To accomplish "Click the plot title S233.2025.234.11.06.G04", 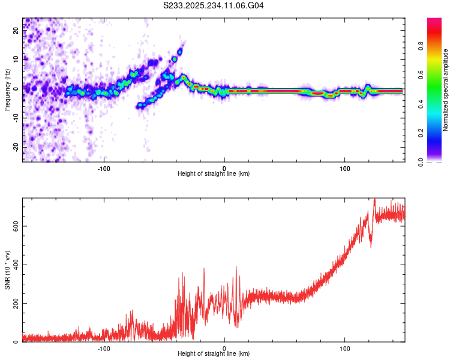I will click(214, 5).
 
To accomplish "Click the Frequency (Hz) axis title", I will click(7, 90).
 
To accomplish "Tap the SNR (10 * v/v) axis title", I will click(7, 270).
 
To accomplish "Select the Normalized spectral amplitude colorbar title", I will click(446, 90).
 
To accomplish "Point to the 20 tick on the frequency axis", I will click(16, 32).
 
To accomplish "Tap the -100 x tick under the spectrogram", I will click(104, 167).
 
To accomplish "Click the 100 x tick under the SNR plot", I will click(345, 347).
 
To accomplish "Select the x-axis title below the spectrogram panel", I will click(214, 174).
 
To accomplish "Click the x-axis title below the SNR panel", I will click(214, 354).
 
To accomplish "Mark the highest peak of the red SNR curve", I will click(374, 199).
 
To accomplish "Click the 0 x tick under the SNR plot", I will click(224, 347).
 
